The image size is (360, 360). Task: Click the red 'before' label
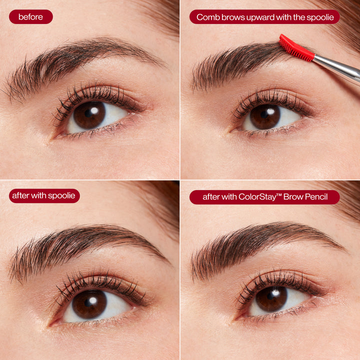(30, 17)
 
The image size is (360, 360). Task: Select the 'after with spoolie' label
(44, 195)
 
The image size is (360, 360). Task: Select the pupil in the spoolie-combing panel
(265, 116)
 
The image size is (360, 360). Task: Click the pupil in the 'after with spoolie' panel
(90, 303)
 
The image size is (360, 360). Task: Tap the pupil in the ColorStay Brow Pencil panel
(271, 299)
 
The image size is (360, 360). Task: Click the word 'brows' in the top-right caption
(233, 17)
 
